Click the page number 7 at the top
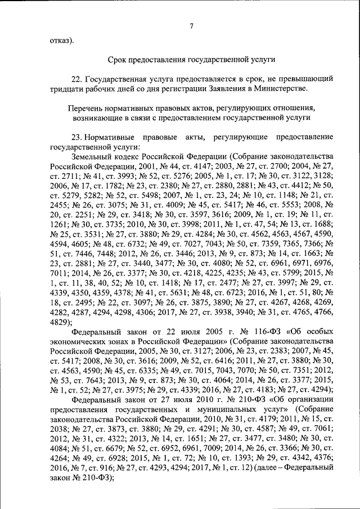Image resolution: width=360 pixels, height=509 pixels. point(191,25)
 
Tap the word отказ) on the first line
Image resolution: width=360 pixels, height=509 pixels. point(61,40)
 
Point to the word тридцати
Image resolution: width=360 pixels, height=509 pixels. point(66,88)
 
